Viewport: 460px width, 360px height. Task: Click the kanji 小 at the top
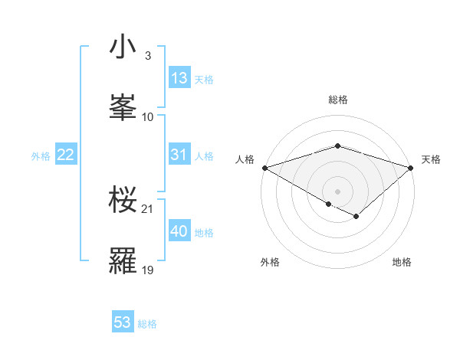[123, 47]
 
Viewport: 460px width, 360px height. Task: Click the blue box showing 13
[179, 78]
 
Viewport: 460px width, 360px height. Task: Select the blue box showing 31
[179, 155]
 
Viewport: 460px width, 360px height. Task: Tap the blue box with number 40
[179, 231]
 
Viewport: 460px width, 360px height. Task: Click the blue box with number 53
[123, 322]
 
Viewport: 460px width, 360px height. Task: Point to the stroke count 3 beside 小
[147, 56]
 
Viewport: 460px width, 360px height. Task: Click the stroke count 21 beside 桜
[148, 208]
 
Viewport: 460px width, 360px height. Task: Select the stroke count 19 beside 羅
[148, 270]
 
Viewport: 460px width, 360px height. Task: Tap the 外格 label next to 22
[41, 155]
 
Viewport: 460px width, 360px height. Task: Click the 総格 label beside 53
[147, 324]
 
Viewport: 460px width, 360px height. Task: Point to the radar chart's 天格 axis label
[432, 159]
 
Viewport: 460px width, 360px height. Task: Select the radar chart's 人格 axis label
[245, 159]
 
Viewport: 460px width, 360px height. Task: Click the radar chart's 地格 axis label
[402, 263]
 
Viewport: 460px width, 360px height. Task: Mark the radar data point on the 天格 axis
[411, 168]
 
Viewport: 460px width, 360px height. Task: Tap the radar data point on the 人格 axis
[264, 168]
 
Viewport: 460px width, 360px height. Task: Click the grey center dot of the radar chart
[337, 191]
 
